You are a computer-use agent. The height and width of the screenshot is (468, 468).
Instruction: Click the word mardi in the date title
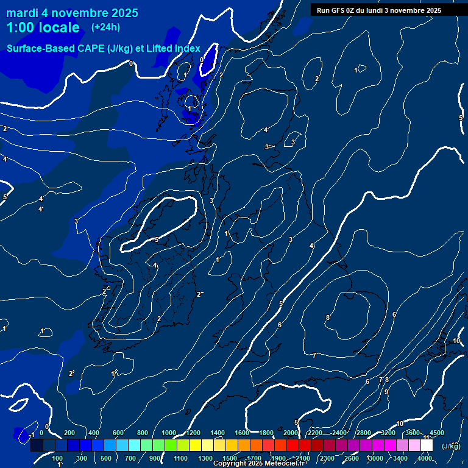click(x=22, y=13)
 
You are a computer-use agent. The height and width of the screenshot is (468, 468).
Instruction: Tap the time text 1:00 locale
click(x=43, y=27)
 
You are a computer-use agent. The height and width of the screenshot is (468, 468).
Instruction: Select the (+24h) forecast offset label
click(x=105, y=27)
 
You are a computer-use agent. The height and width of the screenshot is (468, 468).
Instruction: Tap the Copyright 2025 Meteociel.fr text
click(x=259, y=464)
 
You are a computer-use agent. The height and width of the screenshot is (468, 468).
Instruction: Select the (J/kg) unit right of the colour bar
click(x=450, y=446)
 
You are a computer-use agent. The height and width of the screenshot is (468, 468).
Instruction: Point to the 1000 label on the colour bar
click(x=169, y=433)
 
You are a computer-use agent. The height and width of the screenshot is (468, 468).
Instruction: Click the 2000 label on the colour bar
click(x=291, y=433)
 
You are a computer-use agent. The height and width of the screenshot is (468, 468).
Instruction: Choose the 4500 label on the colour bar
click(x=436, y=433)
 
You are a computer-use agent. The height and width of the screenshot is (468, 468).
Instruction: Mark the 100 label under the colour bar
click(x=57, y=458)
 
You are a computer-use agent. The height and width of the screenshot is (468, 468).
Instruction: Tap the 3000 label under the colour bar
click(x=376, y=458)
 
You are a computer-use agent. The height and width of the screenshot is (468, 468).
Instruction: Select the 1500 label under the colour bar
click(x=230, y=458)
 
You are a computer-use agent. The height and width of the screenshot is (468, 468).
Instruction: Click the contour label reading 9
click(x=386, y=392)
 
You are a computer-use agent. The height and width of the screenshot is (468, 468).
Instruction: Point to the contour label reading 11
click(x=427, y=438)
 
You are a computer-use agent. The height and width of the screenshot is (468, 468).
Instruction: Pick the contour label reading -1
click(x=31, y=434)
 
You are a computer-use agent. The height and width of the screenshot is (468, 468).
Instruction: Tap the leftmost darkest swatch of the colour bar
click(x=37, y=445)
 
